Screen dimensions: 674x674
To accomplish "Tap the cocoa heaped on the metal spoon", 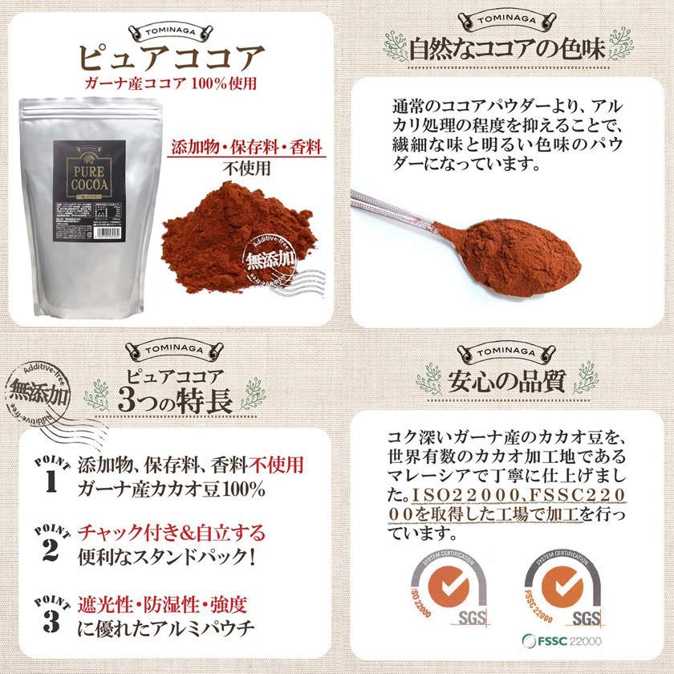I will point(522,251).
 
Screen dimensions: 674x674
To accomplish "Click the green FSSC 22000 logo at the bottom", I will point(561,640).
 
